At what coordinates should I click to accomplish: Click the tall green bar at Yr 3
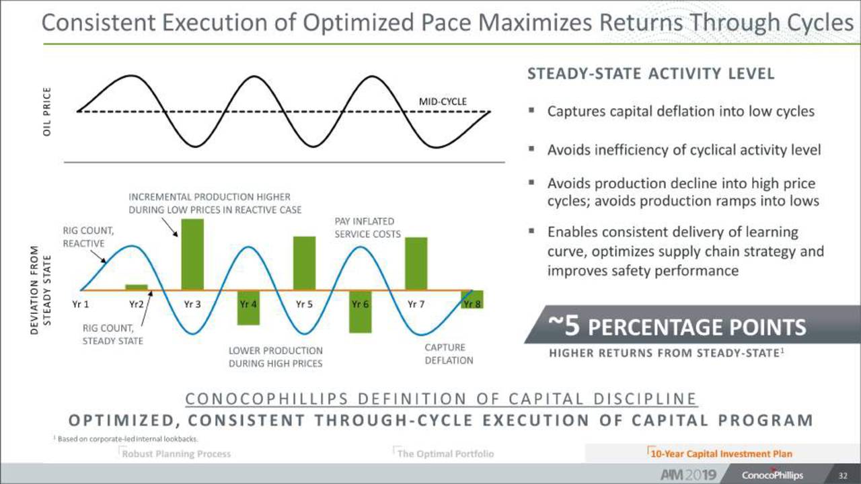click(192, 254)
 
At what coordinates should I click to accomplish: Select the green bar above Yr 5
click(304, 263)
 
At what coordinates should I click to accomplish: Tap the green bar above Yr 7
click(416, 264)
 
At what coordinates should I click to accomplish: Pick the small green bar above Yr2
click(137, 287)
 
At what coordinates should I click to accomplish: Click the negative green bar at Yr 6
click(360, 311)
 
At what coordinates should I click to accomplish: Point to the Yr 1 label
click(81, 304)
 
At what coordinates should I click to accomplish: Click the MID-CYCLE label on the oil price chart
click(443, 101)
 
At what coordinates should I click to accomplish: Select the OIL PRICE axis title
click(47, 112)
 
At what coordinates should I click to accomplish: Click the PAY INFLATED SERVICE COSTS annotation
click(367, 228)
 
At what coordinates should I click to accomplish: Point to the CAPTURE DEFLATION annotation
click(449, 354)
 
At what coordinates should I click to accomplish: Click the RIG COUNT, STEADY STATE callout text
click(112, 334)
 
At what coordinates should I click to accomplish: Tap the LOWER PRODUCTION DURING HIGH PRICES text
click(275, 357)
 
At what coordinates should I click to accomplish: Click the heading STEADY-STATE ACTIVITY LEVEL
click(650, 74)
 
